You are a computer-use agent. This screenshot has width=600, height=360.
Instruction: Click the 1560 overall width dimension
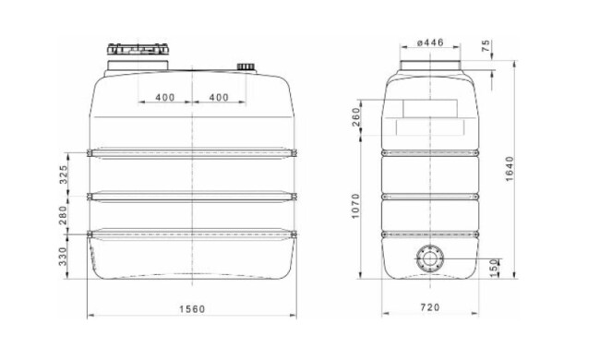click(191, 308)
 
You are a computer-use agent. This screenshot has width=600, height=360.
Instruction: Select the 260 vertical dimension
click(357, 117)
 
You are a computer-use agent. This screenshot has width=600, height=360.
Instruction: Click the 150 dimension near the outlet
click(496, 264)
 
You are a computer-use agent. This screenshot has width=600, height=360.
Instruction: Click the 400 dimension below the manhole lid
click(165, 97)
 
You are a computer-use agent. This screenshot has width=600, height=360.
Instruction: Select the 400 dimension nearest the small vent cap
click(219, 97)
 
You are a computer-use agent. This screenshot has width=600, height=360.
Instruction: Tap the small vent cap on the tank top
click(247, 67)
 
